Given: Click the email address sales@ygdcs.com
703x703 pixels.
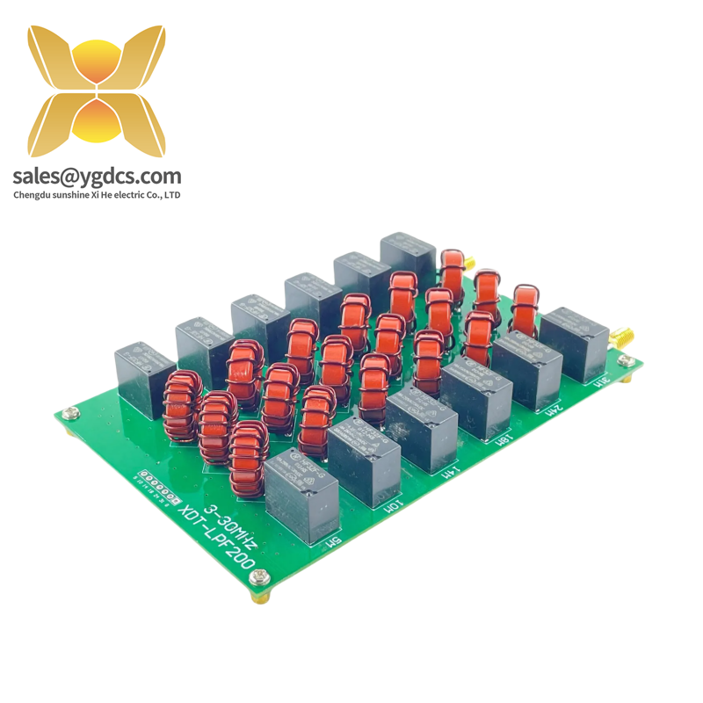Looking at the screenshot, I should (x=97, y=177).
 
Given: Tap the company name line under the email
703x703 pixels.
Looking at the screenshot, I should (x=97, y=195).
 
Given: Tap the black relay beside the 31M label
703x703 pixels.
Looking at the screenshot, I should (x=573, y=343).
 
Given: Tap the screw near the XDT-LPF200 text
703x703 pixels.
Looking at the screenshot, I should (x=258, y=578).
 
